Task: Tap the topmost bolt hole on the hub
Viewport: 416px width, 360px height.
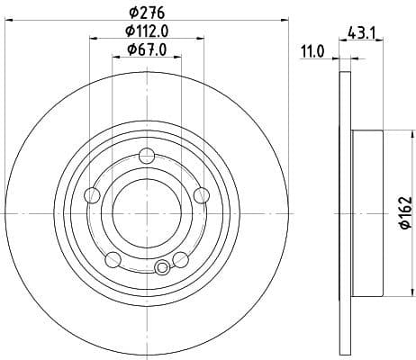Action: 147,158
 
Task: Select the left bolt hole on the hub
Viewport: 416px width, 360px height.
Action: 92,196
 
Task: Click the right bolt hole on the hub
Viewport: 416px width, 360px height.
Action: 202,196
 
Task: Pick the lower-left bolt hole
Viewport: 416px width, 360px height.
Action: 113,260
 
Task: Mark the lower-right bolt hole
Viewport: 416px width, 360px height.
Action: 181,260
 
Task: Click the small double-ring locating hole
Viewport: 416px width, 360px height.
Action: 163,267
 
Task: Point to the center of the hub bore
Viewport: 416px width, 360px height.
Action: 147,212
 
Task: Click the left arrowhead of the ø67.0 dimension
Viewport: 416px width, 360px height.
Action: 115,57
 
